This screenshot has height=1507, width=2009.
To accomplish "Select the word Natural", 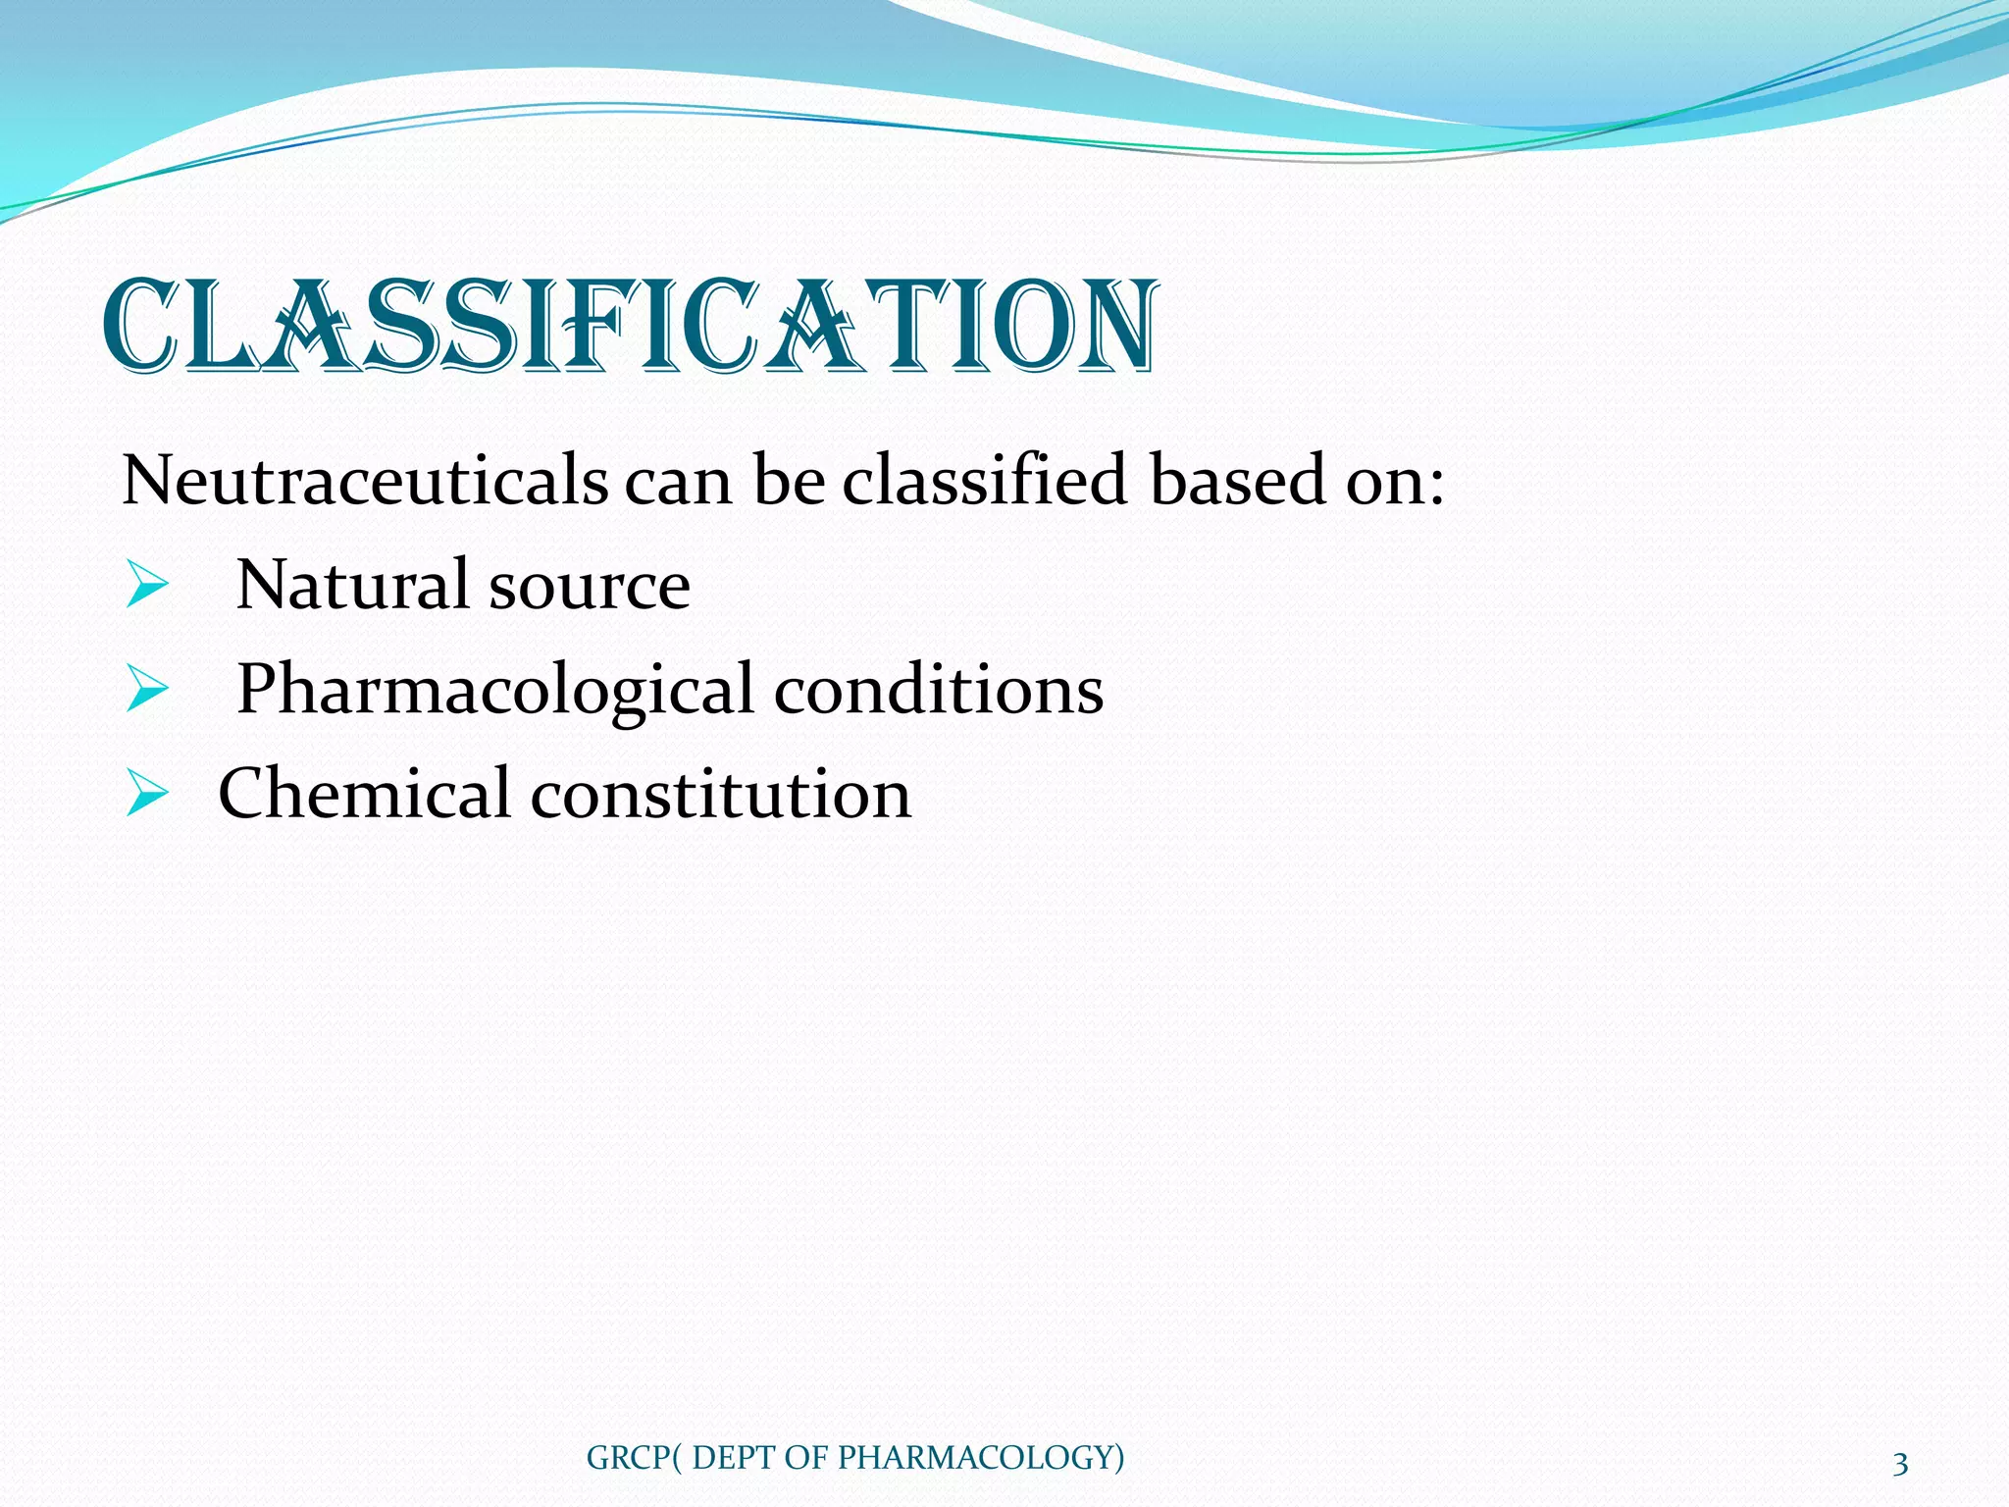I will [352, 585].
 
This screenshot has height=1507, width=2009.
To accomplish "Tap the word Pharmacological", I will [494, 690].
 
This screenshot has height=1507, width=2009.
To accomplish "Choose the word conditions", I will [939, 689].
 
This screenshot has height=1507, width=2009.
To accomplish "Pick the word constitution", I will [721, 794].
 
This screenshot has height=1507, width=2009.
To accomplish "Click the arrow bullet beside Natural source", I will [147, 587].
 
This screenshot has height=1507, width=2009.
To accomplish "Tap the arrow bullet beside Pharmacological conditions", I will [147, 691].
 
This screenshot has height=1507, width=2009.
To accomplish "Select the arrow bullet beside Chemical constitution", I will [147, 795].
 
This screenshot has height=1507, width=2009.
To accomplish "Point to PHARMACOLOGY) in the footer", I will [981, 1458].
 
